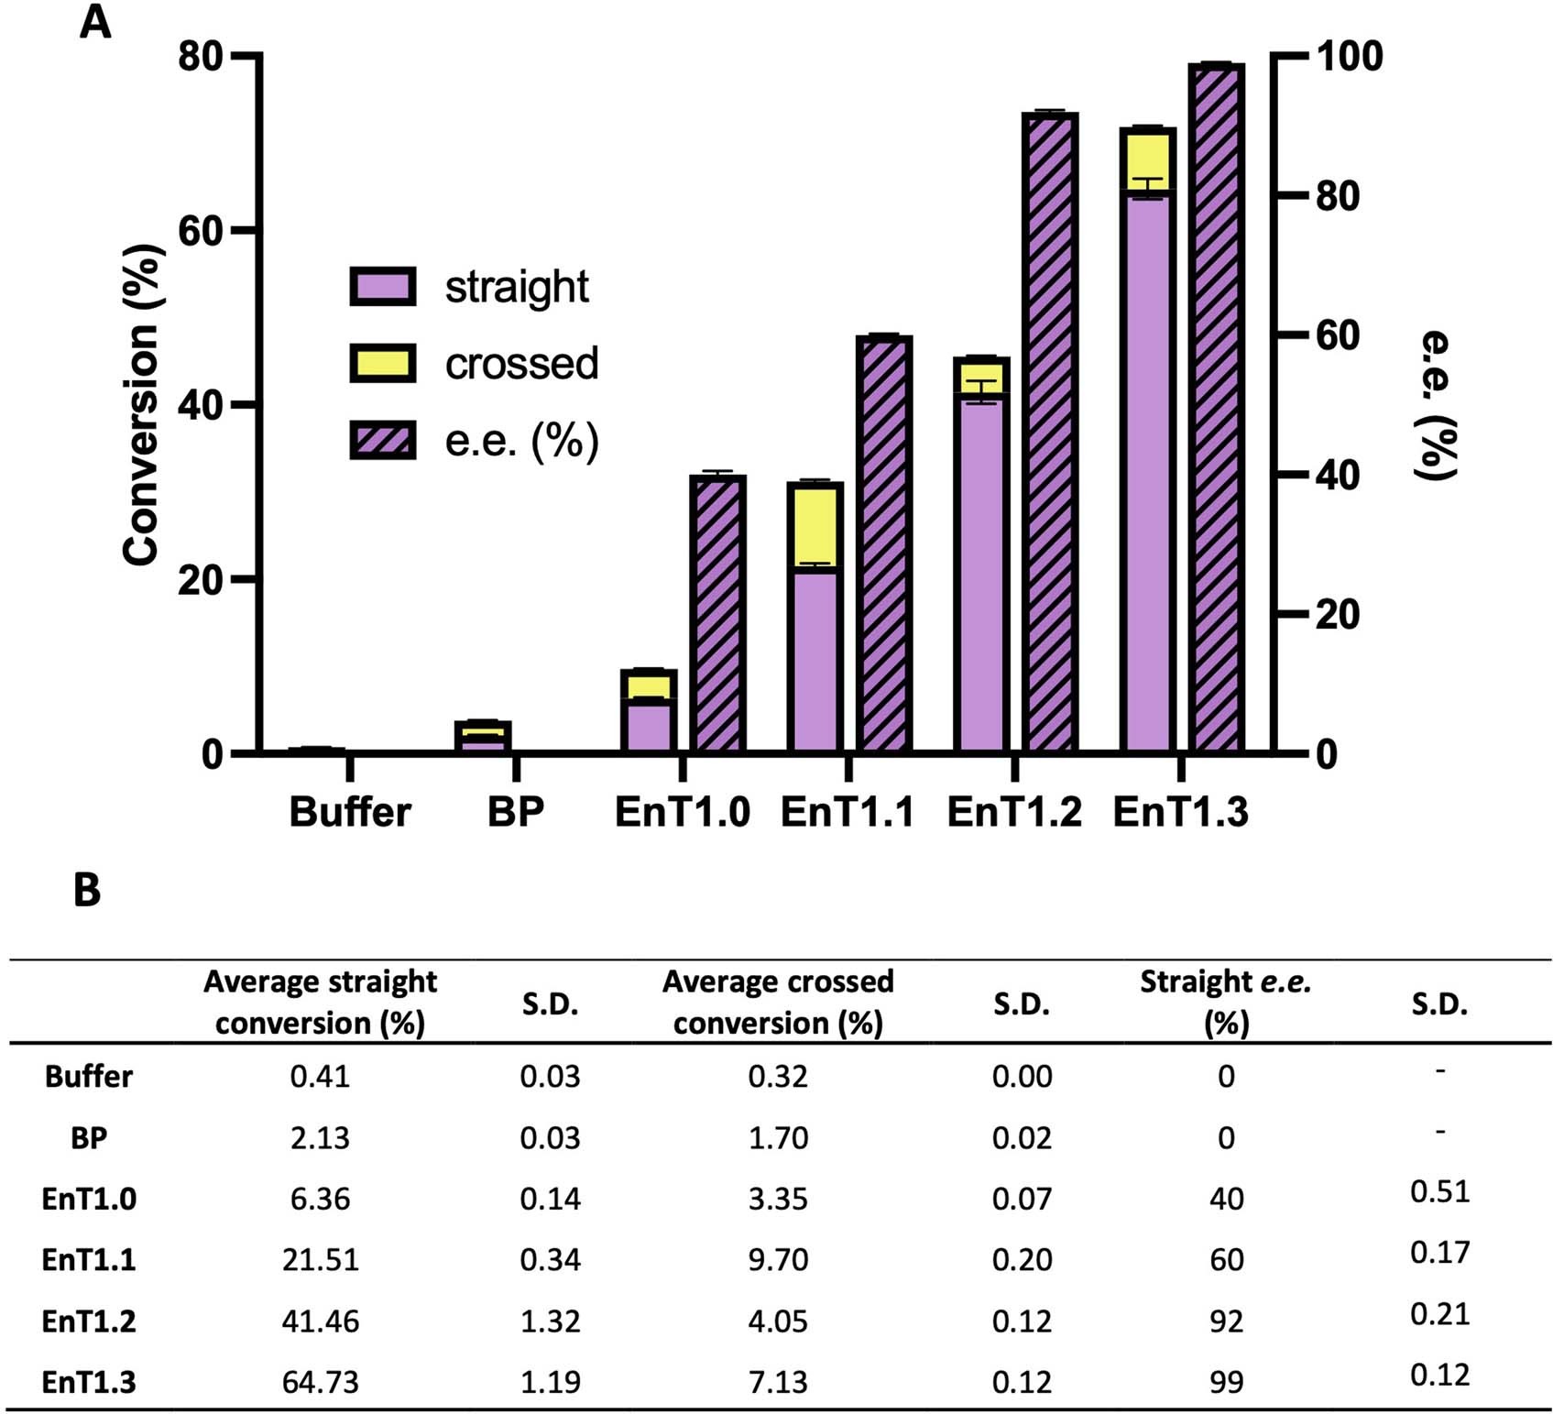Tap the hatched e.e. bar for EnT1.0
click(717, 614)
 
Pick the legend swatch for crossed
click(383, 363)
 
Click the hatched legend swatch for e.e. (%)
click(383, 440)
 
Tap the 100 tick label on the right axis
click(1349, 57)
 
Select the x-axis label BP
click(516, 812)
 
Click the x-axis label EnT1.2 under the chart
click(1014, 812)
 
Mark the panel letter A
click(95, 22)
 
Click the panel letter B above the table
click(87, 890)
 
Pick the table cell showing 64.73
click(320, 1381)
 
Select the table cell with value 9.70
click(778, 1259)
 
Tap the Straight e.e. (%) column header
click(1225, 1002)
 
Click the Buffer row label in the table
click(89, 1076)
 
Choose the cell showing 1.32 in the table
click(550, 1321)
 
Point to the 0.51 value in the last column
click(1439, 1191)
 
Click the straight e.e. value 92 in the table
click(1226, 1321)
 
